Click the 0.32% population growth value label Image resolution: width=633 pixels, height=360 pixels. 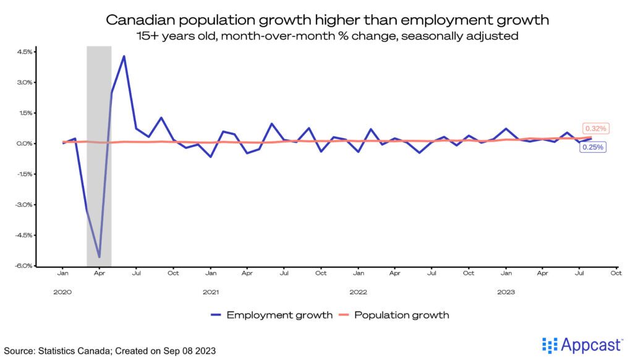click(x=597, y=129)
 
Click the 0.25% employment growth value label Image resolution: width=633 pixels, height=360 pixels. click(x=592, y=147)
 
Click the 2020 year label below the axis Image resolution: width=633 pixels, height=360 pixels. click(x=62, y=291)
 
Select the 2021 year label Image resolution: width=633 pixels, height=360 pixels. click(x=211, y=291)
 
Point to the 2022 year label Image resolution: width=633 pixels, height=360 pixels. click(x=358, y=291)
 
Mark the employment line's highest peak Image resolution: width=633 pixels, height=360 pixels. click(x=124, y=56)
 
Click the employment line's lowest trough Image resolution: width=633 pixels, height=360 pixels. click(x=99, y=256)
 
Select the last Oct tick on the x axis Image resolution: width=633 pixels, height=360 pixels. click(x=616, y=272)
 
